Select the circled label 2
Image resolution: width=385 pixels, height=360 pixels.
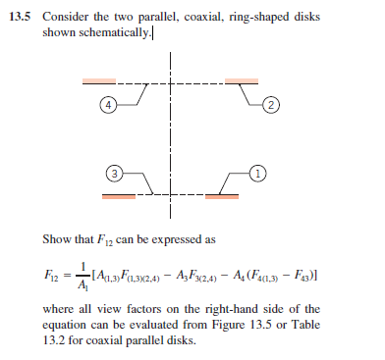pos(271,103)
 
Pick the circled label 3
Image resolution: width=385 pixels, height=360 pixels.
pos(114,174)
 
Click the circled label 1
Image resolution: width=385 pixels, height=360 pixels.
pos(258,174)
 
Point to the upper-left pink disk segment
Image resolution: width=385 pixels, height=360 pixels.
pos(101,81)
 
